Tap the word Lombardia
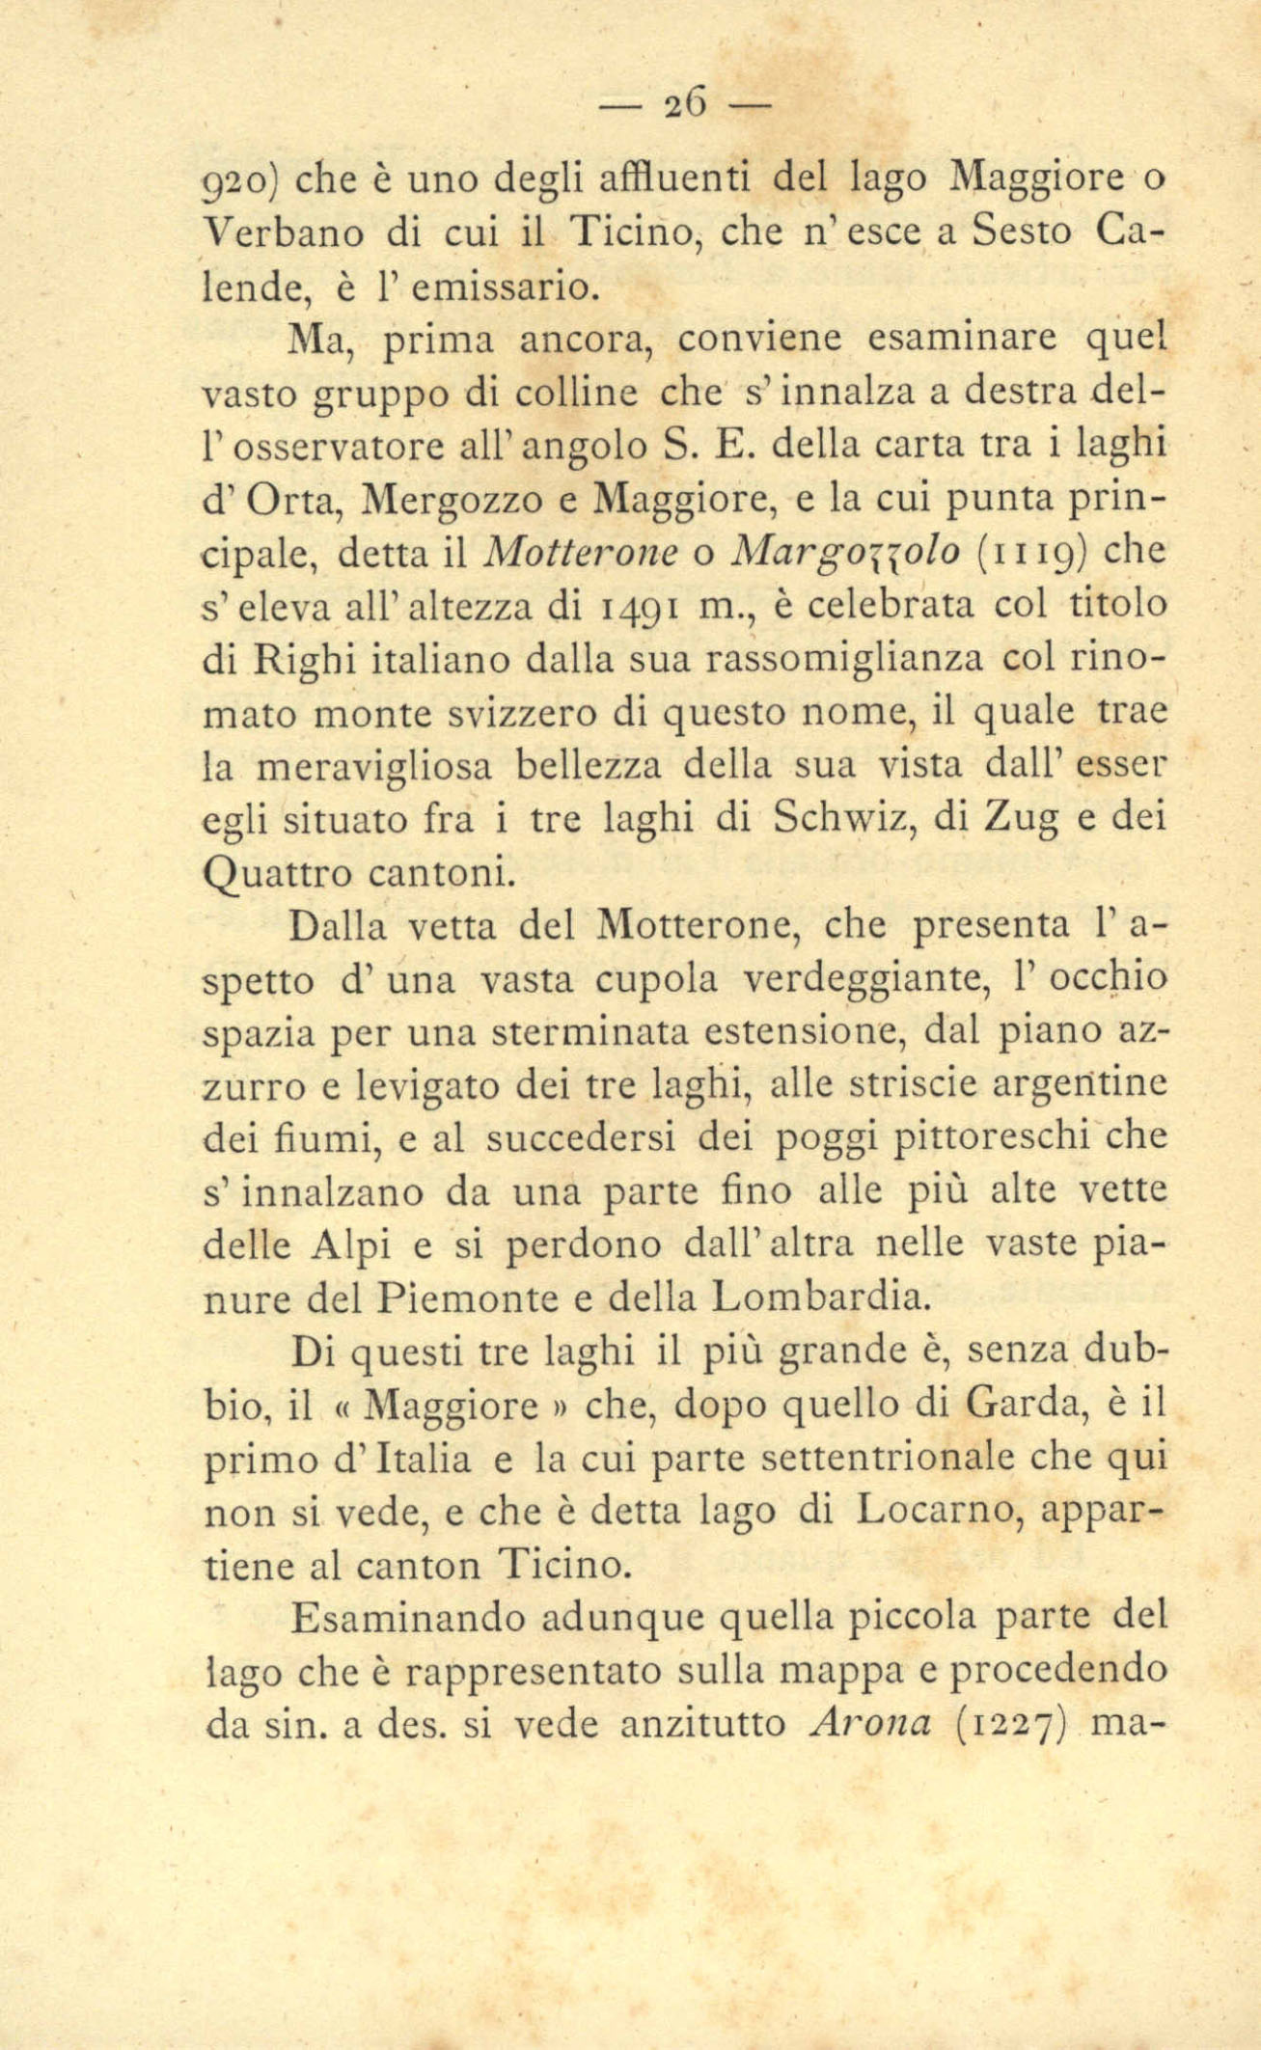point(819,1298)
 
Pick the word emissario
point(511,287)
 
